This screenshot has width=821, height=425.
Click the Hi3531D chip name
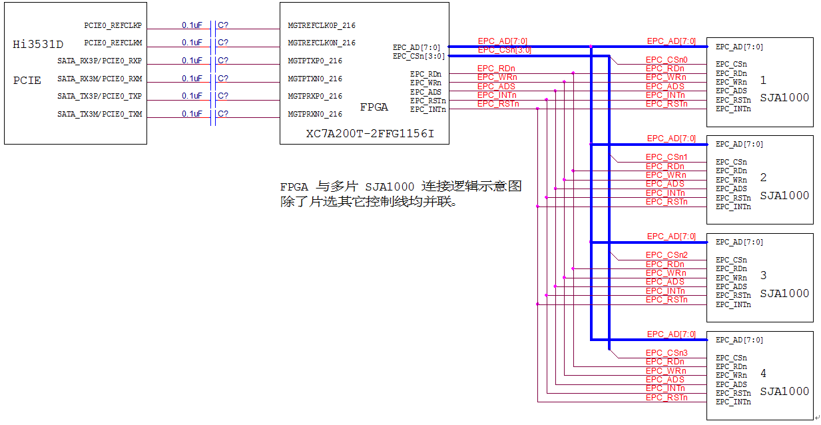[38, 45]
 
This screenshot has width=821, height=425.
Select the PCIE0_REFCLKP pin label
[113, 25]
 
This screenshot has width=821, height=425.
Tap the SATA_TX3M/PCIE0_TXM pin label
[99, 115]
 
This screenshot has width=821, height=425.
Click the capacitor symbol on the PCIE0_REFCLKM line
[213, 43]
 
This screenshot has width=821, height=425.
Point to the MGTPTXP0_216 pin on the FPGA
[315, 61]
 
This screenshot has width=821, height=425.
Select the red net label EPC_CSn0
[666, 60]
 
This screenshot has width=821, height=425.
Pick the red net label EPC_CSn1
[666, 157]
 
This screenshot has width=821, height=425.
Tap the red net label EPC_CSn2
[666, 255]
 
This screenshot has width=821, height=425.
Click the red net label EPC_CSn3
[666, 353]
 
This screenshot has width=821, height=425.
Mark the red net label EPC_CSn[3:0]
[504, 50]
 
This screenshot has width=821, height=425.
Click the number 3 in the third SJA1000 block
[763, 275]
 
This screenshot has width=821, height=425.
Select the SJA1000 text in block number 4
[784, 391]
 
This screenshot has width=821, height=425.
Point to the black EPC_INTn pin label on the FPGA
[427, 109]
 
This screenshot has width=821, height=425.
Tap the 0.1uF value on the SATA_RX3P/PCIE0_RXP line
[192, 61]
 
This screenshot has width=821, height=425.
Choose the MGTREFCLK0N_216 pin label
[322, 43]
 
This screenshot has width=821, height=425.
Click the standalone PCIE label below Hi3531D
[27, 81]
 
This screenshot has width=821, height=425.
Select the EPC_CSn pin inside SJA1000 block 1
[731, 65]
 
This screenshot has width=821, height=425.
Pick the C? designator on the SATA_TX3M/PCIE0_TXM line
[223, 114]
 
